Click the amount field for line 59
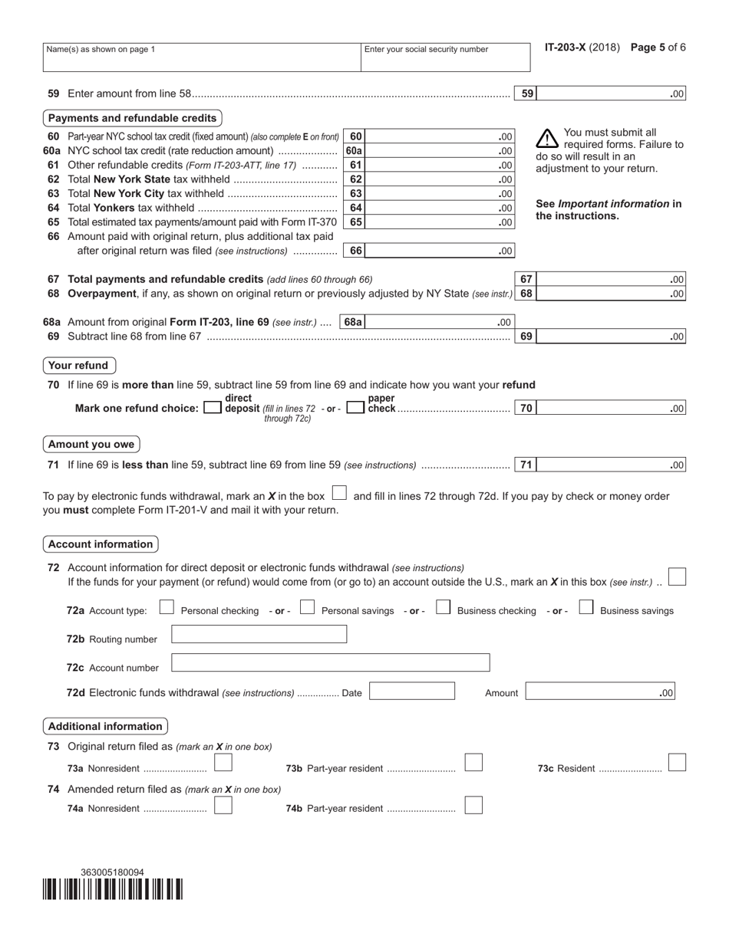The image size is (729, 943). (x=610, y=94)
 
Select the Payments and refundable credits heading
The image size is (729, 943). (x=132, y=118)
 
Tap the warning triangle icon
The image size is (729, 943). (x=546, y=139)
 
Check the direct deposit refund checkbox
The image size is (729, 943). (x=213, y=409)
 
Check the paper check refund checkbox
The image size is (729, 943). (x=355, y=409)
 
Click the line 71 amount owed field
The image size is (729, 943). (x=610, y=465)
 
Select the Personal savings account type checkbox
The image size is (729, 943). (x=307, y=608)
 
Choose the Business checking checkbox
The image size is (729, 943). (x=443, y=608)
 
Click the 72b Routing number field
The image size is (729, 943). (x=259, y=634)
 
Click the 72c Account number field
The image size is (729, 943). (x=330, y=662)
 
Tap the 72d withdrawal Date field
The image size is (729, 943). (x=411, y=692)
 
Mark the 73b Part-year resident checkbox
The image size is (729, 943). (x=474, y=763)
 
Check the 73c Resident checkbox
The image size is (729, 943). (x=677, y=763)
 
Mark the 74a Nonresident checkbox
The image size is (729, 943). (x=223, y=805)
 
